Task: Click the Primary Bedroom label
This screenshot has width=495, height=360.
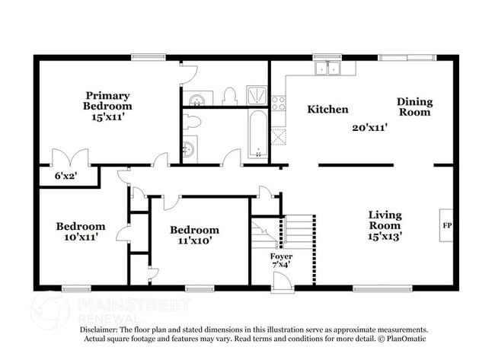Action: point(108,107)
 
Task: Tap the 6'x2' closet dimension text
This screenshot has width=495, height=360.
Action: point(65,177)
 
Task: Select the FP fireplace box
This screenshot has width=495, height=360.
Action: point(446,226)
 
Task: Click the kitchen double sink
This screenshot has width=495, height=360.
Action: point(334,69)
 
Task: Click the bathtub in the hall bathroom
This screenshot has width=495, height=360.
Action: point(258,134)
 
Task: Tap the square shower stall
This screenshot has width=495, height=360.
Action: point(257,94)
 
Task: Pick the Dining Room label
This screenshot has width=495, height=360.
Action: point(414,107)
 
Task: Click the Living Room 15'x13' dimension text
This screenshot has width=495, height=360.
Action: point(385,236)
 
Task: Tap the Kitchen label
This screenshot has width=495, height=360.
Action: point(327,110)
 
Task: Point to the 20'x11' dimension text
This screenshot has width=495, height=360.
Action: point(369,128)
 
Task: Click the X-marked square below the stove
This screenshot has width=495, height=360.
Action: point(279,137)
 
